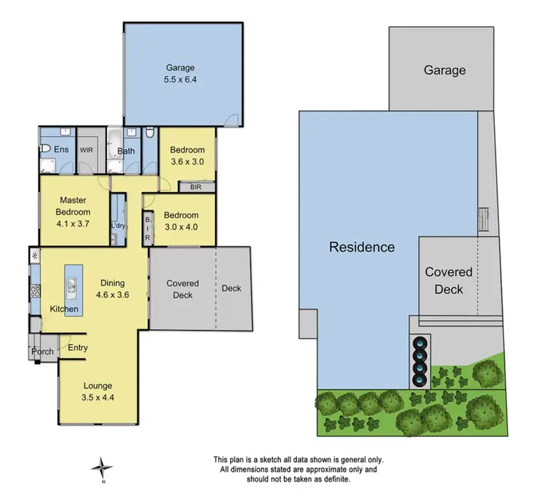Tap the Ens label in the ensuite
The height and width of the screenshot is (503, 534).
pos(62,150)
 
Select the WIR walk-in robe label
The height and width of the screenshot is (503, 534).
pos(87,151)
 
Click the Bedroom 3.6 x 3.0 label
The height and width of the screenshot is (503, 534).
pos(187,155)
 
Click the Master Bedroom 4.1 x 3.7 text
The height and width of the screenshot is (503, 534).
pos(73,211)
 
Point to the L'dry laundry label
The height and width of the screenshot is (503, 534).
pos(117,226)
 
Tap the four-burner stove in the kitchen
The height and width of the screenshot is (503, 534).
pos(35,290)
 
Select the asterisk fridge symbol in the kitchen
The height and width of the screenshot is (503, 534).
pos(34,254)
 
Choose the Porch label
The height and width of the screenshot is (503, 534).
pos(42,351)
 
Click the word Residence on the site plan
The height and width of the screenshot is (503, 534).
pos(362,247)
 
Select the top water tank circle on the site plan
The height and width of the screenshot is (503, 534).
pos(421,339)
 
